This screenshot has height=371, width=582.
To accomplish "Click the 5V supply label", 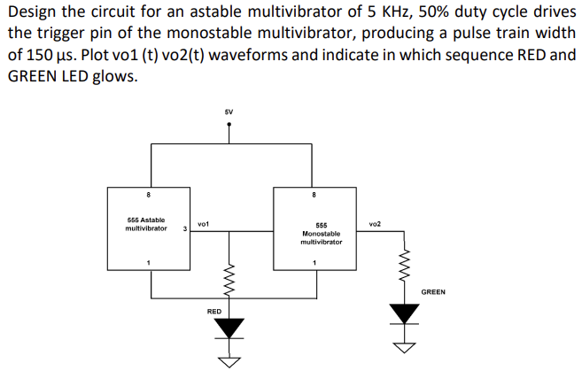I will click(229, 112).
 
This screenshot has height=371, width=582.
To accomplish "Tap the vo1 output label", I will click(203, 225).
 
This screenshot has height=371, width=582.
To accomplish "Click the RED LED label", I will click(214, 312).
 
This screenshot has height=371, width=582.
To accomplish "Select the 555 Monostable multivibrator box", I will click(314, 233).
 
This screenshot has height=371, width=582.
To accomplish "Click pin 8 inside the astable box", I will click(149, 194).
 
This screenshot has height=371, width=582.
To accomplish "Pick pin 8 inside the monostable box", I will click(314, 194).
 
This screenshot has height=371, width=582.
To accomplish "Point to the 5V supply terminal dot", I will click(229, 125).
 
